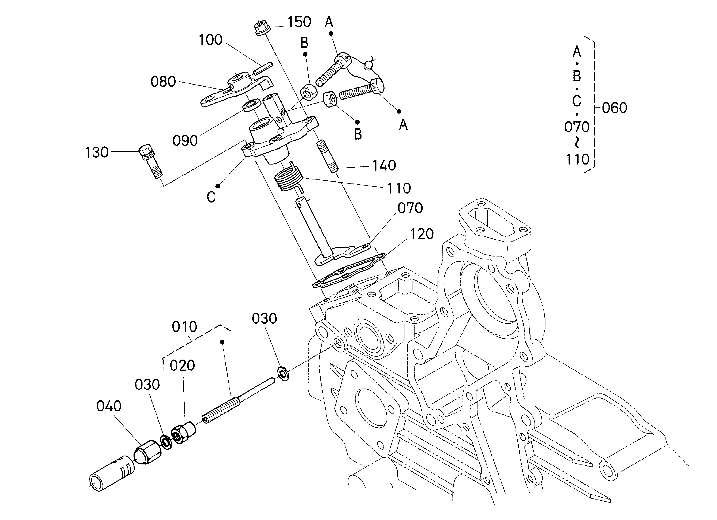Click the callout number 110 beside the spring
point(399,188)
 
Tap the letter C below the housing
point(211,197)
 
